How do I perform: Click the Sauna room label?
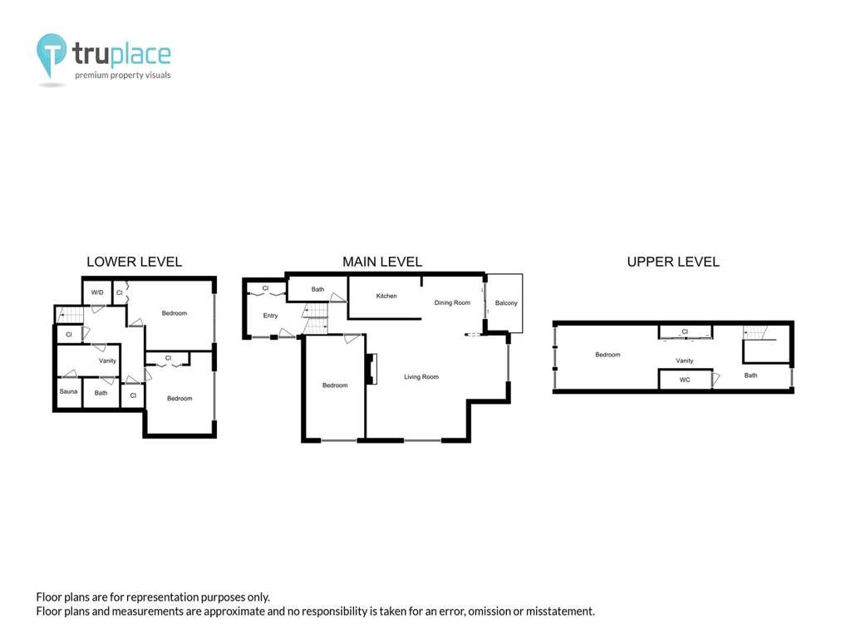(68, 391)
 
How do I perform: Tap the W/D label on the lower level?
(97, 292)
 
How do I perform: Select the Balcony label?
(506, 302)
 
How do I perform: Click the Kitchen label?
(386, 296)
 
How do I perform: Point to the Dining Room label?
(452, 302)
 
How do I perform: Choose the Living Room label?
(421, 376)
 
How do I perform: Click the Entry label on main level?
(270, 315)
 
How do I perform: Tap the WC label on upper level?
(685, 380)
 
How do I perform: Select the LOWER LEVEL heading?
(134, 262)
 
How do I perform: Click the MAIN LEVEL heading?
(382, 262)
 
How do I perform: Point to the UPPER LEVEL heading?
(673, 262)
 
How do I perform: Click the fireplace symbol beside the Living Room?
(371, 369)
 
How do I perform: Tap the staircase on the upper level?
(755, 332)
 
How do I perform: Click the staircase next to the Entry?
(316, 319)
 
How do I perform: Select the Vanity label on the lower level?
(107, 361)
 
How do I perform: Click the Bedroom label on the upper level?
(608, 354)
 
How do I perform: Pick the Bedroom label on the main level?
(335, 385)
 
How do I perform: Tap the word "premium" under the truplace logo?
(91, 76)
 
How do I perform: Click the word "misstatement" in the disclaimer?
(559, 611)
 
